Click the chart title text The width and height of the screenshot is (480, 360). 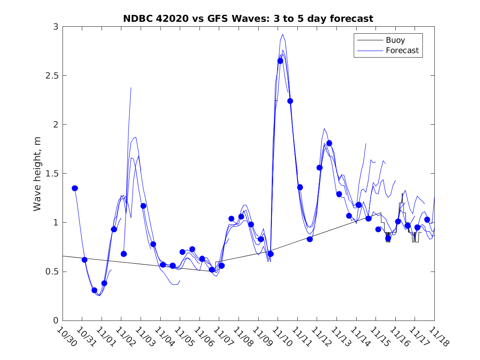pyautogui.click(x=248, y=19)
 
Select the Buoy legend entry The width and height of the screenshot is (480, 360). pyautogui.click(x=395, y=40)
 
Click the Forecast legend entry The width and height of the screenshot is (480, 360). pyautogui.click(x=402, y=51)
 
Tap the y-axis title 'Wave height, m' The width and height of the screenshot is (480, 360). pyautogui.click(x=37, y=173)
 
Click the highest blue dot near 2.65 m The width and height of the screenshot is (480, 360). pyautogui.click(x=280, y=61)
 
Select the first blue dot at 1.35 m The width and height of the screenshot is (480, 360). pyautogui.click(x=75, y=188)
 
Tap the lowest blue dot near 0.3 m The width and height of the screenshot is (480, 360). pyautogui.click(x=94, y=290)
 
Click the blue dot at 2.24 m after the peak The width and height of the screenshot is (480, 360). pyautogui.click(x=290, y=101)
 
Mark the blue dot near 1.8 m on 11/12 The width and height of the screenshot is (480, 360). pyautogui.click(x=329, y=143)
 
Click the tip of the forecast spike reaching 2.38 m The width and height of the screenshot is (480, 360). pyautogui.click(x=131, y=87)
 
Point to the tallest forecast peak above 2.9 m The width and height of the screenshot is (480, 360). pyautogui.click(x=283, y=34)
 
